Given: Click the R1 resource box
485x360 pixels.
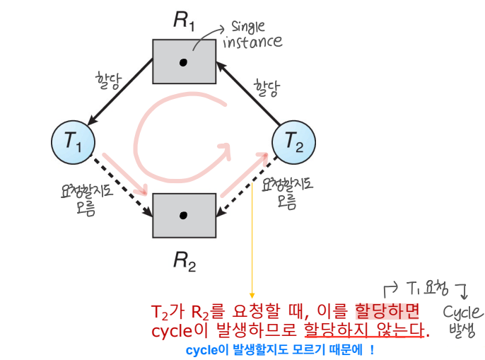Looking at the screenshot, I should (x=184, y=62).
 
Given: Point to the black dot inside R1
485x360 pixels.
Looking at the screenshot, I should (x=184, y=62).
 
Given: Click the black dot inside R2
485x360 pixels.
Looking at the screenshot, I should (x=184, y=214).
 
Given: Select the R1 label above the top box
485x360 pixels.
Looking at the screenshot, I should (x=185, y=20).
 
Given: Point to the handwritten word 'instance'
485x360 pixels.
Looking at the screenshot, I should (x=252, y=42).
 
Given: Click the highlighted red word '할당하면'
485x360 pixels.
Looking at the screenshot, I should (x=387, y=311).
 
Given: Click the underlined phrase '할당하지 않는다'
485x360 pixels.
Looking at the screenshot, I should (x=365, y=330).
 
